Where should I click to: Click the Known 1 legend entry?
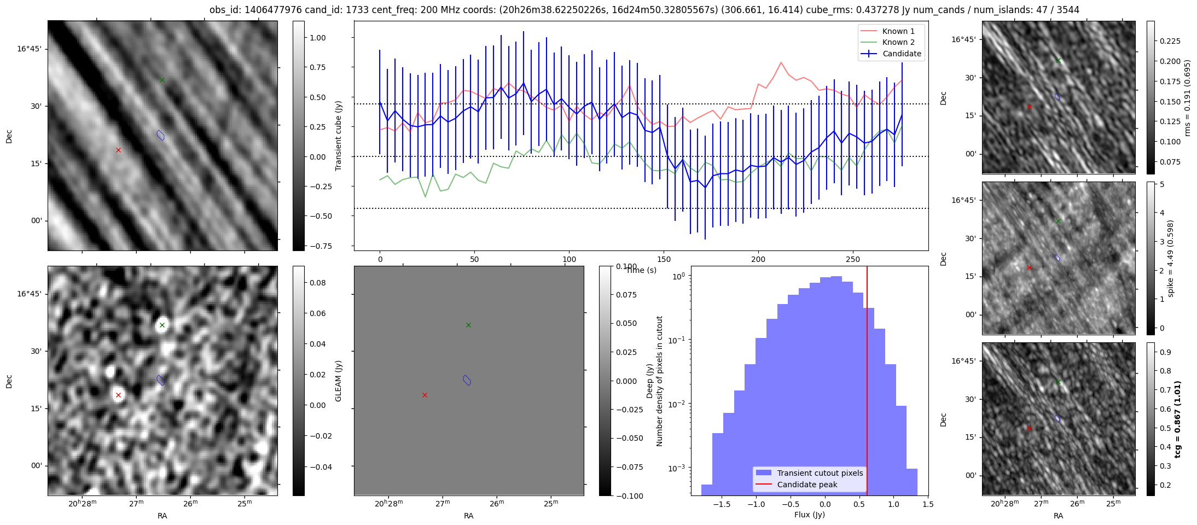pyautogui.click(x=898, y=31)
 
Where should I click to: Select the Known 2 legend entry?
pyautogui.click(x=898, y=42)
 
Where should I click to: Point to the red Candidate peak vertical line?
pyautogui.click(x=867, y=383)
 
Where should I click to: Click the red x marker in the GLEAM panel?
pyautogui.click(x=118, y=395)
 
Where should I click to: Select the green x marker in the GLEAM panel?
pyautogui.click(x=162, y=325)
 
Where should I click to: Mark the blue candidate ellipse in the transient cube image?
pyautogui.click(x=160, y=135)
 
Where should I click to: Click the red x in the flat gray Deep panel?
pyautogui.click(x=425, y=395)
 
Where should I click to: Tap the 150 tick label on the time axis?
pyautogui.click(x=664, y=259)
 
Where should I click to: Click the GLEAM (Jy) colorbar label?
pyautogui.click(x=338, y=381)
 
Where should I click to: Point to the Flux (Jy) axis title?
pyautogui.click(x=809, y=515)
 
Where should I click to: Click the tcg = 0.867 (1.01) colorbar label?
pyautogui.click(x=1177, y=419)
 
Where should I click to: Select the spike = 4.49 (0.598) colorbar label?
pyautogui.click(x=1171, y=259)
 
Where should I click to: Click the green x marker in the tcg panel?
pyautogui.click(x=1058, y=382)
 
